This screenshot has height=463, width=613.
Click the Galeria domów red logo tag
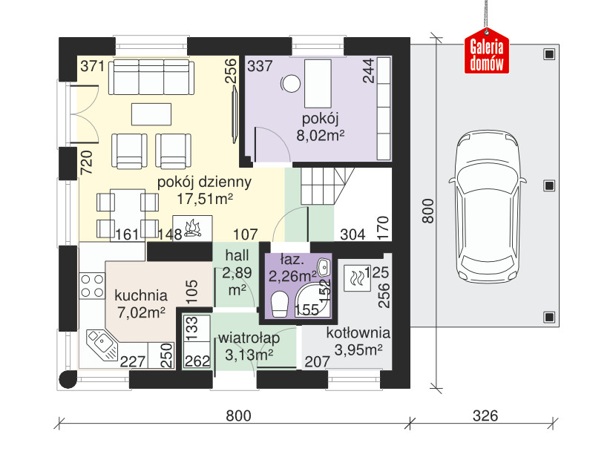click(487, 50)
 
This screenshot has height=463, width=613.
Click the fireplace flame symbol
click(193, 229)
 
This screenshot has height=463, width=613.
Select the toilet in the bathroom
click(280, 304)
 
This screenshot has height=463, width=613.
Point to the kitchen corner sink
click(102, 344)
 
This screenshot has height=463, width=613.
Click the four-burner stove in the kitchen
click(92, 286)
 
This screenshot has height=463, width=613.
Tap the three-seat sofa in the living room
click(151, 77)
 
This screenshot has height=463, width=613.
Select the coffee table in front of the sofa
click(151, 114)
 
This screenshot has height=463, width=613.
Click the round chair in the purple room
click(290, 83)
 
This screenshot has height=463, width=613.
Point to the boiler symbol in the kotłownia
click(356, 278)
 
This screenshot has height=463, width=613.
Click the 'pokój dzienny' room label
click(204, 183)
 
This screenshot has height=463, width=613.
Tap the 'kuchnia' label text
click(141, 295)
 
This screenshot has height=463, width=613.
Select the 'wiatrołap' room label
click(249, 338)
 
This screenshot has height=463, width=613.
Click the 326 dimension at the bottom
click(485, 416)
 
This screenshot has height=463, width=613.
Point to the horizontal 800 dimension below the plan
click(238, 416)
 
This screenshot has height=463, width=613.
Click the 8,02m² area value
click(320, 136)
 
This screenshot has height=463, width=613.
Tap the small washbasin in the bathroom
click(324, 267)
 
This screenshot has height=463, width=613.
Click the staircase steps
click(327, 186)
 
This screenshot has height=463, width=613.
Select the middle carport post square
click(549, 185)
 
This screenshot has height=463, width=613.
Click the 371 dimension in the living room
click(93, 66)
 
